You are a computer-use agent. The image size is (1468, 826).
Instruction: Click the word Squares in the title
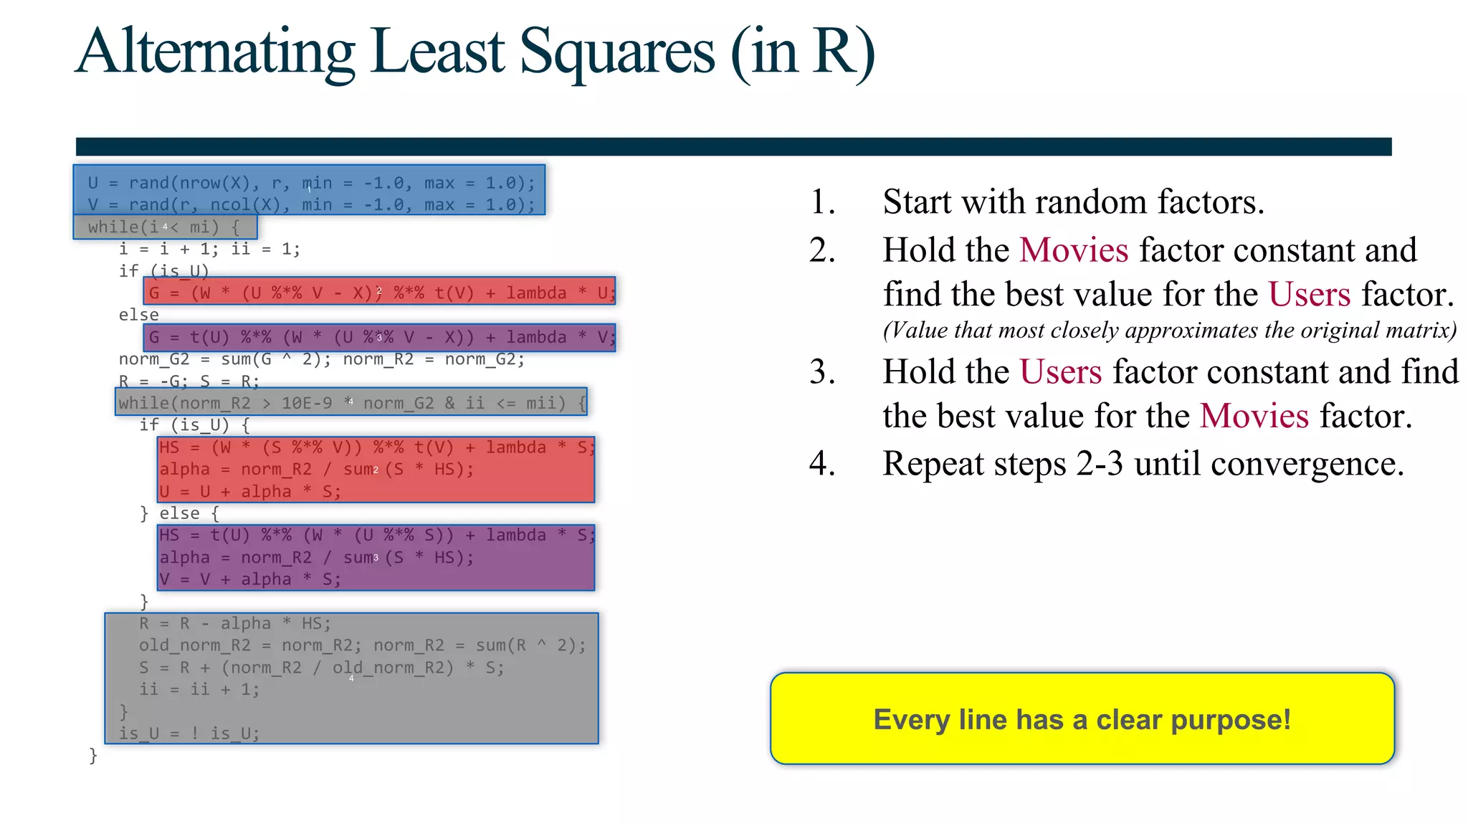coord(616,52)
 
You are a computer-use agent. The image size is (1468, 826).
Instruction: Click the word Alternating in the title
coord(215,52)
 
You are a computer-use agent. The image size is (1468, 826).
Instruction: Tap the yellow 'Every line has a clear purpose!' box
coord(1082,718)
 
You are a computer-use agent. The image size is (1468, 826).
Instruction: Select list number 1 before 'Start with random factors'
coord(822,202)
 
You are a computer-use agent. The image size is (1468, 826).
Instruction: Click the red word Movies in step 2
coord(1074,250)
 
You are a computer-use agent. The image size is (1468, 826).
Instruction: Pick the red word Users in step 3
coord(1060,372)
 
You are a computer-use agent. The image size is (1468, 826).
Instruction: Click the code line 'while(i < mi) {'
coord(163,227)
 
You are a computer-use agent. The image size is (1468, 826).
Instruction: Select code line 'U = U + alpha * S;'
coord(249,492)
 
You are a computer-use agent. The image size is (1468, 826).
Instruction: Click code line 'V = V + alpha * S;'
coord(249,579)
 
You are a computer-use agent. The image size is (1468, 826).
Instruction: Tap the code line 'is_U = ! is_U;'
coord(189,734)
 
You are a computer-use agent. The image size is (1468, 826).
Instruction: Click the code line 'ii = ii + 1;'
coord(199,690)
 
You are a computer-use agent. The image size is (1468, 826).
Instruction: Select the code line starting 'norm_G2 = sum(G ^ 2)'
coord(321,359)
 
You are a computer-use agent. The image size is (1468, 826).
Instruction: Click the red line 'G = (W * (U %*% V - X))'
coord(380,293)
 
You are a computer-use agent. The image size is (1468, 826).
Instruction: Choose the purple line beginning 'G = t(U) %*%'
coord(380,337)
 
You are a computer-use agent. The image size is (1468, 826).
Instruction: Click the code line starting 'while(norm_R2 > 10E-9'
coord(351,403)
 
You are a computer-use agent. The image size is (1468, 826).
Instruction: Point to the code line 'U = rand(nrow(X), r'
coord(310,183)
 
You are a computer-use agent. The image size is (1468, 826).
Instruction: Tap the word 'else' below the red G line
coord(138,315)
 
